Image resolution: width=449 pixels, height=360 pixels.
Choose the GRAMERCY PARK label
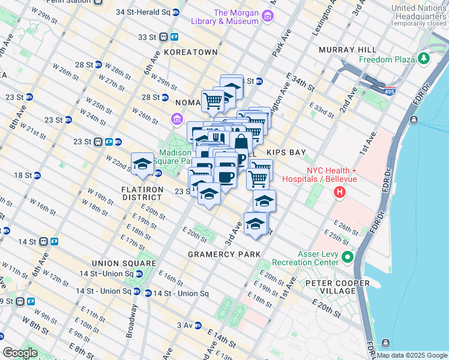click(226, 254)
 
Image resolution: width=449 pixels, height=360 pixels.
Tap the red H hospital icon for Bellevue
click(340, 193)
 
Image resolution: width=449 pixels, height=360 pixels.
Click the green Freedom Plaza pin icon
click(424, 59)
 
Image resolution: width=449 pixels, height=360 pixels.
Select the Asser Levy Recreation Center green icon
click(347, 257)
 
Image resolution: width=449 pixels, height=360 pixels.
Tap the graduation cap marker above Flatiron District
click(142, 164)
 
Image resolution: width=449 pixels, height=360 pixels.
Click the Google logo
click(20, 353)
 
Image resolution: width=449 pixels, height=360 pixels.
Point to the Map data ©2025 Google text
click(412, 355)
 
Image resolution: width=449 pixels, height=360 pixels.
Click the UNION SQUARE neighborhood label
click(124, 263)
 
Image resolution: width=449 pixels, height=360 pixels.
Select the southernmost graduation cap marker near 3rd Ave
click(256, 224)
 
